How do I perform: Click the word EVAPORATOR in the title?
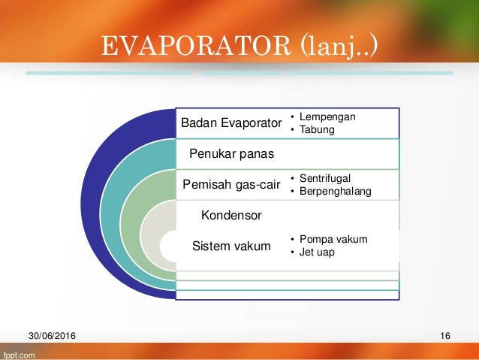(x=196, y=46)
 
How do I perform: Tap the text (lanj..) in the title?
(x=339, y=47)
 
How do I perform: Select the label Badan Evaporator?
(x=231, y=123)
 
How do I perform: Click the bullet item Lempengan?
(x=327, y=116)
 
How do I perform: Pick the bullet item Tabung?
(x=317, y=129)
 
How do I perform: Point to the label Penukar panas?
(x=231, y=153)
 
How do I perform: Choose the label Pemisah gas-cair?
(x=231, y=184)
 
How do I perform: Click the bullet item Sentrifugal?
(x=325, y=178)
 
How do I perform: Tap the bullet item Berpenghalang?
(x=335, y=191)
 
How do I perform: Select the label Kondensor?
(x=231, y=216)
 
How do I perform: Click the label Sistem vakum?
(x=231, y=246)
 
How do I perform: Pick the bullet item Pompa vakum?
(x=333, y=239)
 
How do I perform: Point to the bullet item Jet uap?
(x=317, y=252)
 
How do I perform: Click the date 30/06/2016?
(x=52, y=336)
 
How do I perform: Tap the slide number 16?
(x=445, y=336)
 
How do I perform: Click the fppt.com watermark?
(x=20, y=355)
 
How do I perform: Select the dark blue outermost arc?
(x=90, y=204)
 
